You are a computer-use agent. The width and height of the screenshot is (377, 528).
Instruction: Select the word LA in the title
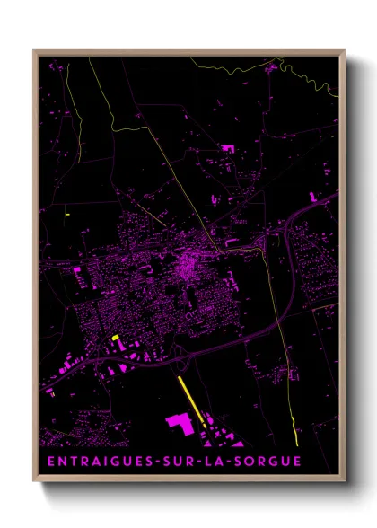click(x=213, y=462)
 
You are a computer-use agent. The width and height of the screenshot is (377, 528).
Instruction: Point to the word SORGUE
click(x=265, y=462)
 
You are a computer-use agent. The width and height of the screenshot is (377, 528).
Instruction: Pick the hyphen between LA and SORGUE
click(x=228, y=462)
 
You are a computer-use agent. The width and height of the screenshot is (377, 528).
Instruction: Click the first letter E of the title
click(x=49, y=462)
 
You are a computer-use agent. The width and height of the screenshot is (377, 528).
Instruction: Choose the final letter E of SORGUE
click(x=297, y=462)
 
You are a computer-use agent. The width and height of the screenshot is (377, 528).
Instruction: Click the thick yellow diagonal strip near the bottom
click(x=192, y=400)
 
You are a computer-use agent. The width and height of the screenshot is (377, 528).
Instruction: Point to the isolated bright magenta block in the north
click(x=227, y=147)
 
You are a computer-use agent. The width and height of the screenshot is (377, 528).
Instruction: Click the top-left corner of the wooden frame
click(x=35, y=51)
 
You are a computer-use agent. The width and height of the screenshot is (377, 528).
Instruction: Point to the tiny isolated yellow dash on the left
click(x=67, y=214)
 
